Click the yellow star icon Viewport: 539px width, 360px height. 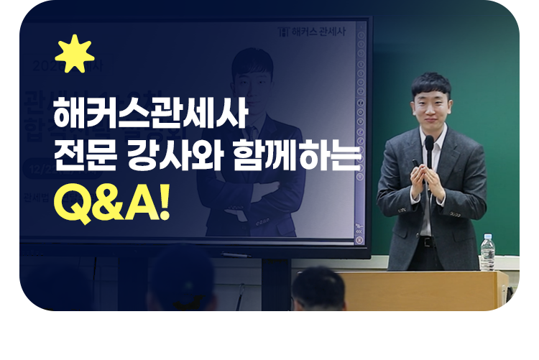tap(74, 53)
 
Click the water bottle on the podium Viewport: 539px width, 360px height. tap(487, 252)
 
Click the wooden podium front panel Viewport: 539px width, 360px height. tap(424, 291)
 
